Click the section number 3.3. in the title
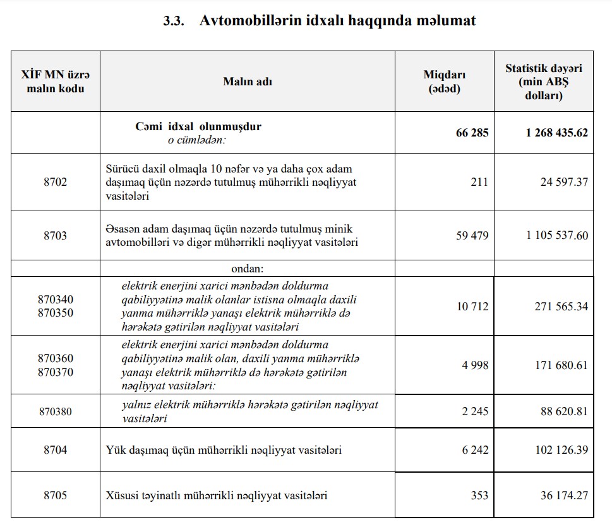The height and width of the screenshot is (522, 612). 173,21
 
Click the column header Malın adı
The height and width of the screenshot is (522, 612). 248,82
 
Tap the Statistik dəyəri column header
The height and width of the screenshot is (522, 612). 543,82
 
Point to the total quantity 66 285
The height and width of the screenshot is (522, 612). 472,133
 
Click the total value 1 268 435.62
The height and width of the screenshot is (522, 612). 556,133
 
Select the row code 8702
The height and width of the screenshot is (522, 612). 55,182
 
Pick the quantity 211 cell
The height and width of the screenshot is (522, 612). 479,182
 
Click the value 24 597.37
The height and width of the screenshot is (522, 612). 564,182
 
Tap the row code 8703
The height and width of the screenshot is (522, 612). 55,236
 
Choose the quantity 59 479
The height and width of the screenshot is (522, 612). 472,236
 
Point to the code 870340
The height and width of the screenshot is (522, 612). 55,299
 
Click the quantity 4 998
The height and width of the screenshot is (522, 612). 475,365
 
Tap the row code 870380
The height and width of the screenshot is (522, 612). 55,411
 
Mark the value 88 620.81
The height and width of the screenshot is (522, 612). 564,411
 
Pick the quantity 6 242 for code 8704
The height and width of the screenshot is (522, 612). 475,450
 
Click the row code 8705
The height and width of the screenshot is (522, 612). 55,495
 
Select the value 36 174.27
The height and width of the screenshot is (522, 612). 564,495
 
